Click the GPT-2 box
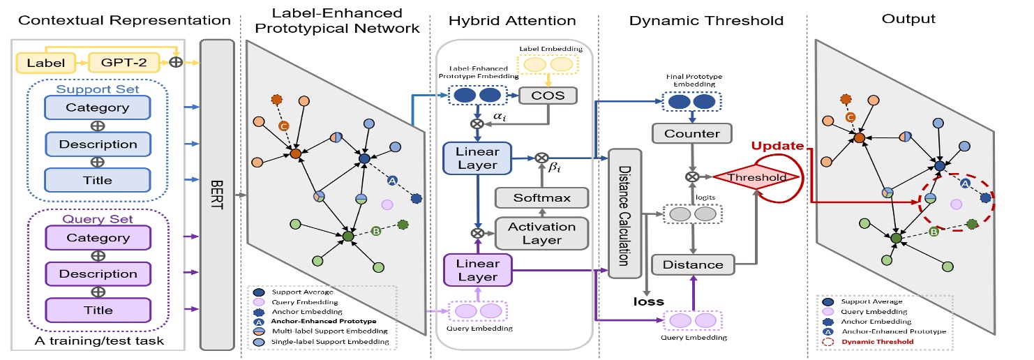pos(118,63)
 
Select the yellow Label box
pos(46,63)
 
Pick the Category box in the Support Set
pos(97,107)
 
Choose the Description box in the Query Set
pos(97,273)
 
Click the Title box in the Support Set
pos(97,180)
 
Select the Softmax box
pos(542,197)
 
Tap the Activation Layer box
pos(542,234)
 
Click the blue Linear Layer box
pos(477,158)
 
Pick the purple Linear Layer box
pos(477,271)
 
